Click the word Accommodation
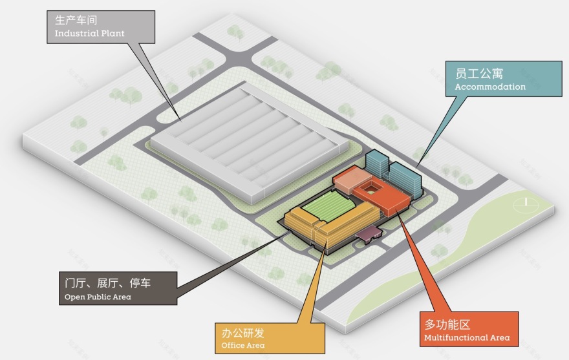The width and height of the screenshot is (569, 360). tap(490, 87)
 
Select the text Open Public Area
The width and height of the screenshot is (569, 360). tap(98, 297)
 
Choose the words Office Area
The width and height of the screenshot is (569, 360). tap(242, 346)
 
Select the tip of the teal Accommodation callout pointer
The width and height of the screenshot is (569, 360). tap(416, 167)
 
